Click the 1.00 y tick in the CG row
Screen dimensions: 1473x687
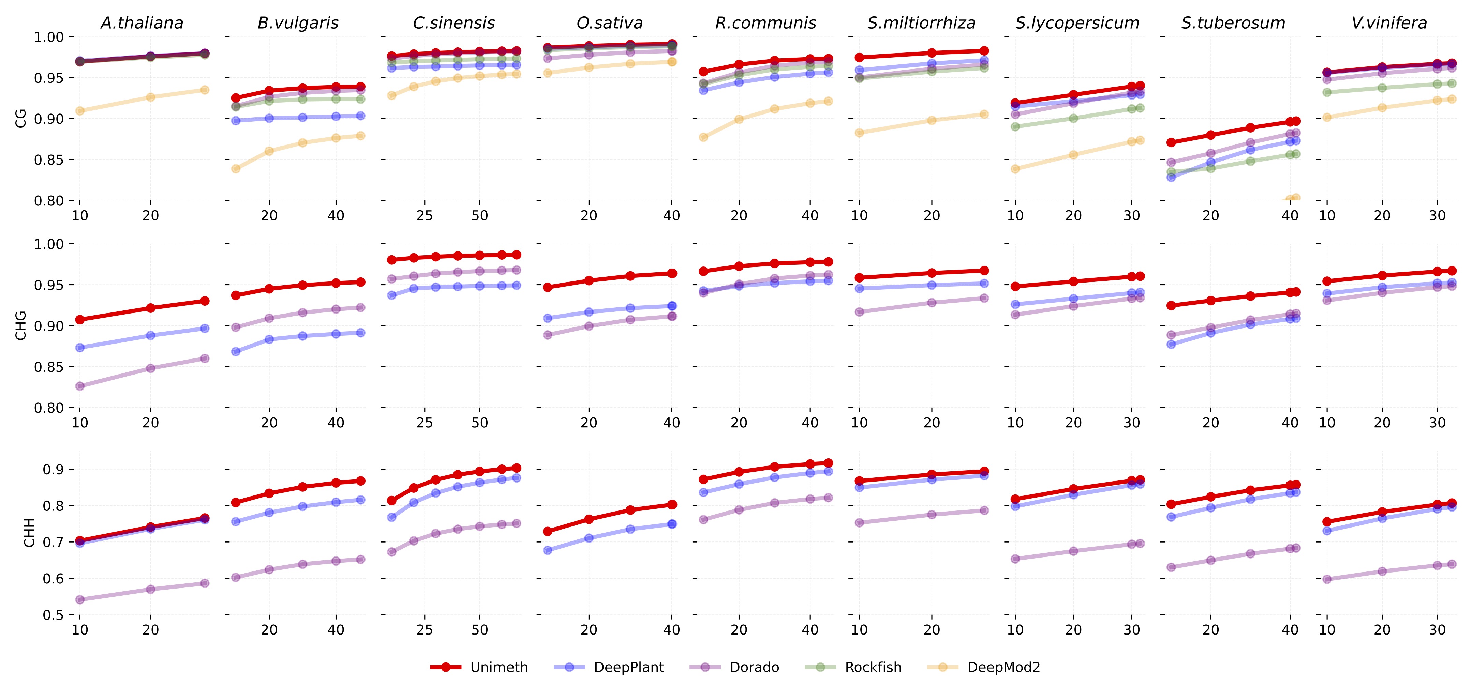click(49, 37)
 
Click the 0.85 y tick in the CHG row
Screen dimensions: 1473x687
click(49, 367)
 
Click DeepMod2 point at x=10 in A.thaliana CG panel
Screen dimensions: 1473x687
click(80, 111)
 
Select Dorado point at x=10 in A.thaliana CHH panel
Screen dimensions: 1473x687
click(80, 599)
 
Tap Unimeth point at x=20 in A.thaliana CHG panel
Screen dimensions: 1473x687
click(150, 308)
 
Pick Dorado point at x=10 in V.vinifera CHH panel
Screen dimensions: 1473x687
click(1327, 579)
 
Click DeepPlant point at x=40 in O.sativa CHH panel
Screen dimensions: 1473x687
click(672, 523)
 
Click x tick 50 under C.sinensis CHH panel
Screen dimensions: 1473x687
click(480, 630)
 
